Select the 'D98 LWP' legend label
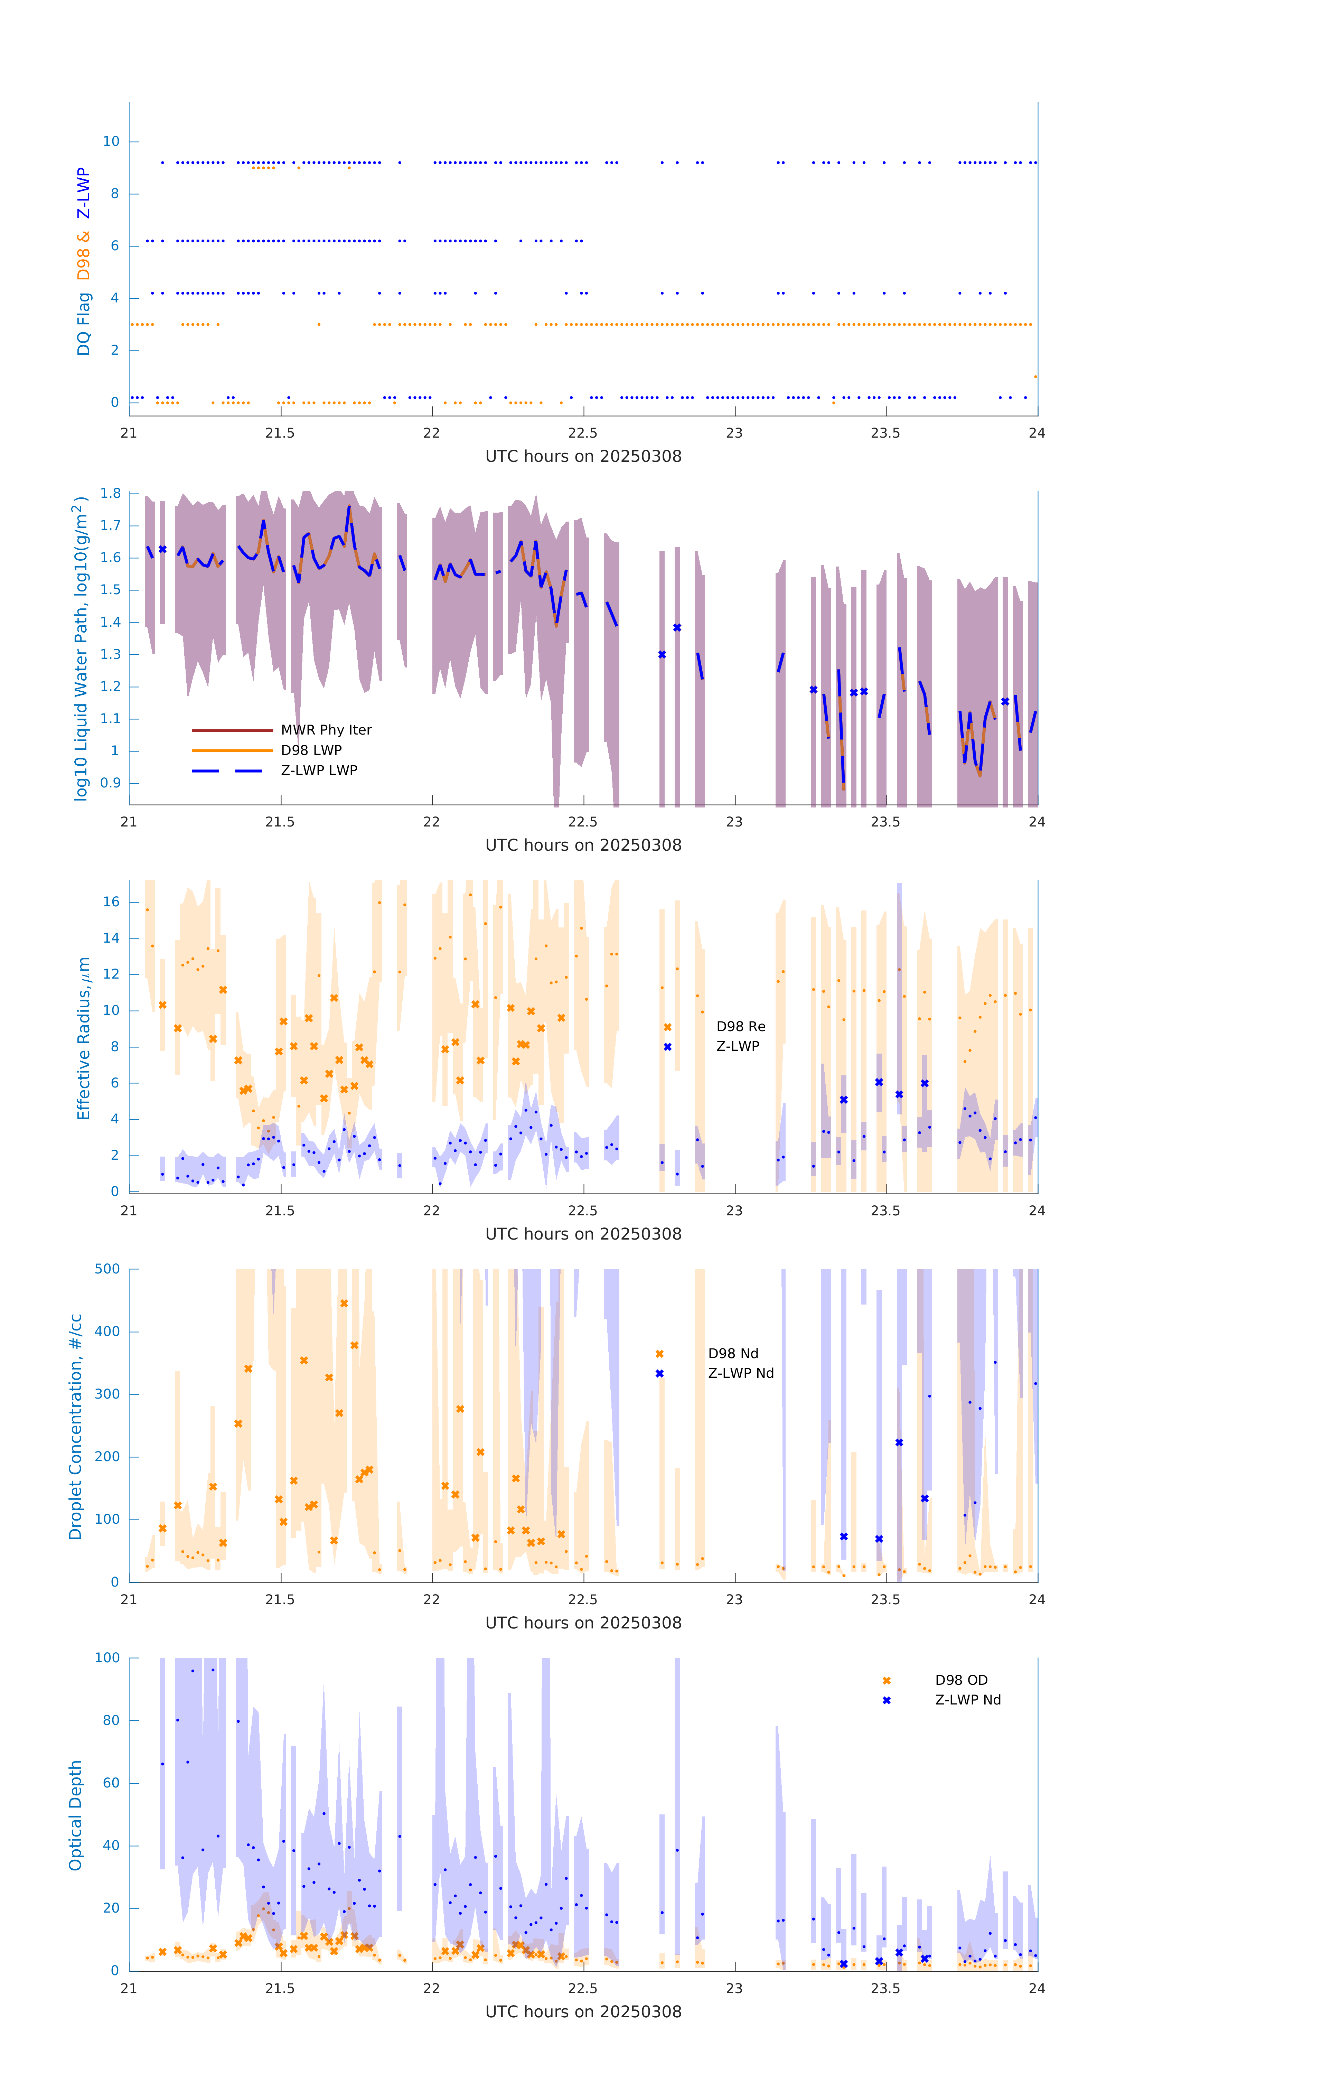(x=311, y=750)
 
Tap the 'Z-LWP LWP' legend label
(x=319, y=770)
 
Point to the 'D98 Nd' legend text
(x=733, y=1353)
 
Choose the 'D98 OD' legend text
(x=961, y=1680)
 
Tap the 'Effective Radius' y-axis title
(x=84, y=1038)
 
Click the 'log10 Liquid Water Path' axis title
(x=80, y=648)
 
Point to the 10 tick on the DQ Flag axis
(x=111, y=141)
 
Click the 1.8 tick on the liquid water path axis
(x=110, y=494)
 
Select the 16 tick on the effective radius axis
(x=111, y=902)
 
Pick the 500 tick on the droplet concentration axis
(x=107, y=1269)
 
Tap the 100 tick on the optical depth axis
(x=107, y=1657)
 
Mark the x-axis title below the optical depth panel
(x=583, y=2011)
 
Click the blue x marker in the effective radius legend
(x=667, y=1046)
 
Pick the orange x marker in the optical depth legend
(x=886, y=1680)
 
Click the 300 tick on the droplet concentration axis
(x=107, y=1394)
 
